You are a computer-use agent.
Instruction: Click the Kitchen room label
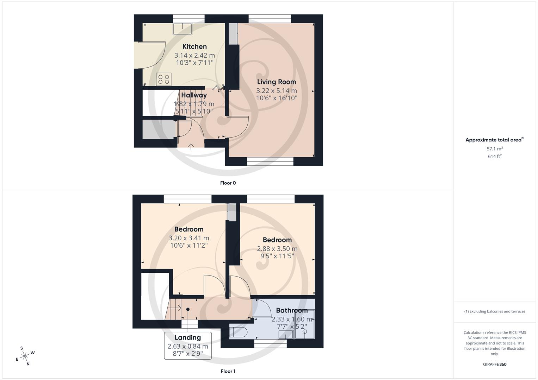coord(194,46)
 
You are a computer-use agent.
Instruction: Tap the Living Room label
coord(276,82)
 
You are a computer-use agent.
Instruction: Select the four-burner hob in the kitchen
coord(163,79)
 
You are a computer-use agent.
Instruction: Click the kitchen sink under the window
coord(182,29)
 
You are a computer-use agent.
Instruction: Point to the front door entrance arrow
coord(191,146)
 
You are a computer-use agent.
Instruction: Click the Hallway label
coord(194,95)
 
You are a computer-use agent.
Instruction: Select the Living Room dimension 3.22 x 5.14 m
coord(276,91)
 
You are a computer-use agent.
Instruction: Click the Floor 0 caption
coord(228,183)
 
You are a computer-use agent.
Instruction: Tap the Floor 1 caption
coord(228,371)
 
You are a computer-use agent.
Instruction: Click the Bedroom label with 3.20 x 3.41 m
coord(189,229)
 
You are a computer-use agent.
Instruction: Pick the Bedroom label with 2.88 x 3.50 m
coord(277,240)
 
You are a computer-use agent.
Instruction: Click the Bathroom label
coord(292,310)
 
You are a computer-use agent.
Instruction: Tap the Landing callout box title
coord(188,338)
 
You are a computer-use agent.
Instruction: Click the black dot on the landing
coord(188,309)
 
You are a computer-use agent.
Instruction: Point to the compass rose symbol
coord(25,356)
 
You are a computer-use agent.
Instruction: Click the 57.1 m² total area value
coord(495,149)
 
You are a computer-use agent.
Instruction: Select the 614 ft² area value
coord(495,157)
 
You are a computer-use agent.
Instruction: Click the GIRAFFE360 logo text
coord(495,365)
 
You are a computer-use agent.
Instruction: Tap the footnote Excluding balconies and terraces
coord(495,311)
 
